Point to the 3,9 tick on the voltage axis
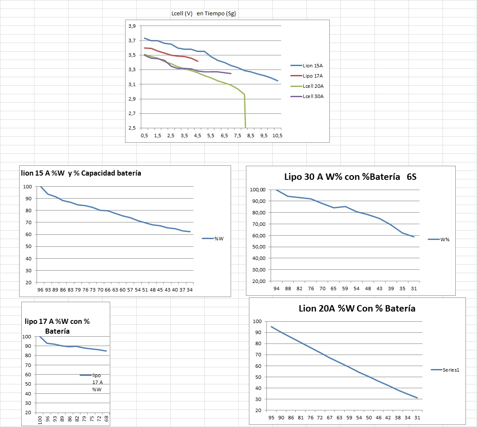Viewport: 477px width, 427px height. pyautogui.click(x=132, y=26)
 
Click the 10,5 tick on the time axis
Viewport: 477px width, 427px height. pyautogui.click(x=277, y=136)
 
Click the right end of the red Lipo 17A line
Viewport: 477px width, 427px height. pyautogui.click(x=198, y=61)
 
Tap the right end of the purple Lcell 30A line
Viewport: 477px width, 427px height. pyautogui.click(x=231, y=74)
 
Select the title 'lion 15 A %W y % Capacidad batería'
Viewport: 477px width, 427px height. pyautogui.click(x=81, y=173)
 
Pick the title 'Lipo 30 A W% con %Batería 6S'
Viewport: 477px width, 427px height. pyautogui.click(x=350, y=177)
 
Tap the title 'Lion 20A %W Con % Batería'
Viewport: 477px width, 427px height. pyautogui.click(x=357, y=309)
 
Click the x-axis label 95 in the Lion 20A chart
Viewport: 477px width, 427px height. pyautogui.click(x=271, y=418)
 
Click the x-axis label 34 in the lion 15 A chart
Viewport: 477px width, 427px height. pyautogui.click(x=190, y=290)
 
